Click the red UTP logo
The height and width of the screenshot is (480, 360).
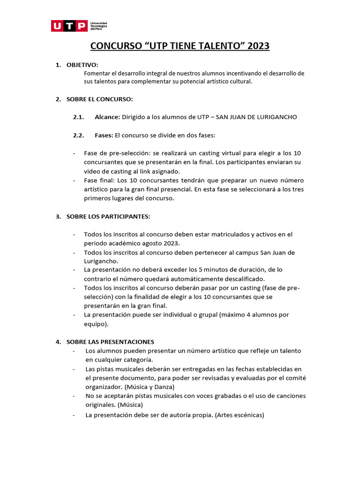coord(68,26)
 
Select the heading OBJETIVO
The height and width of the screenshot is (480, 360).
coord(82,65)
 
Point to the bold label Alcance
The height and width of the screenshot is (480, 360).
coord(107,117)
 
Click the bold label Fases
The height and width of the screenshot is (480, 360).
coord(104,135)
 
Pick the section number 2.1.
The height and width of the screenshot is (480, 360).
coord(78,117)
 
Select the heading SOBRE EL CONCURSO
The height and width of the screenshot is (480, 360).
coord(100,99)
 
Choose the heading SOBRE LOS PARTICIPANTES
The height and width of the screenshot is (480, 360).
coord(108,216)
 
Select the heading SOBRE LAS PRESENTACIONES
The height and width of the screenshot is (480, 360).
coord(110,342)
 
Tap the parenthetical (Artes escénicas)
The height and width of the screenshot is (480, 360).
coord(240,415)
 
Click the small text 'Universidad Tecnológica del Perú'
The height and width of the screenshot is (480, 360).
coord(99,26)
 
